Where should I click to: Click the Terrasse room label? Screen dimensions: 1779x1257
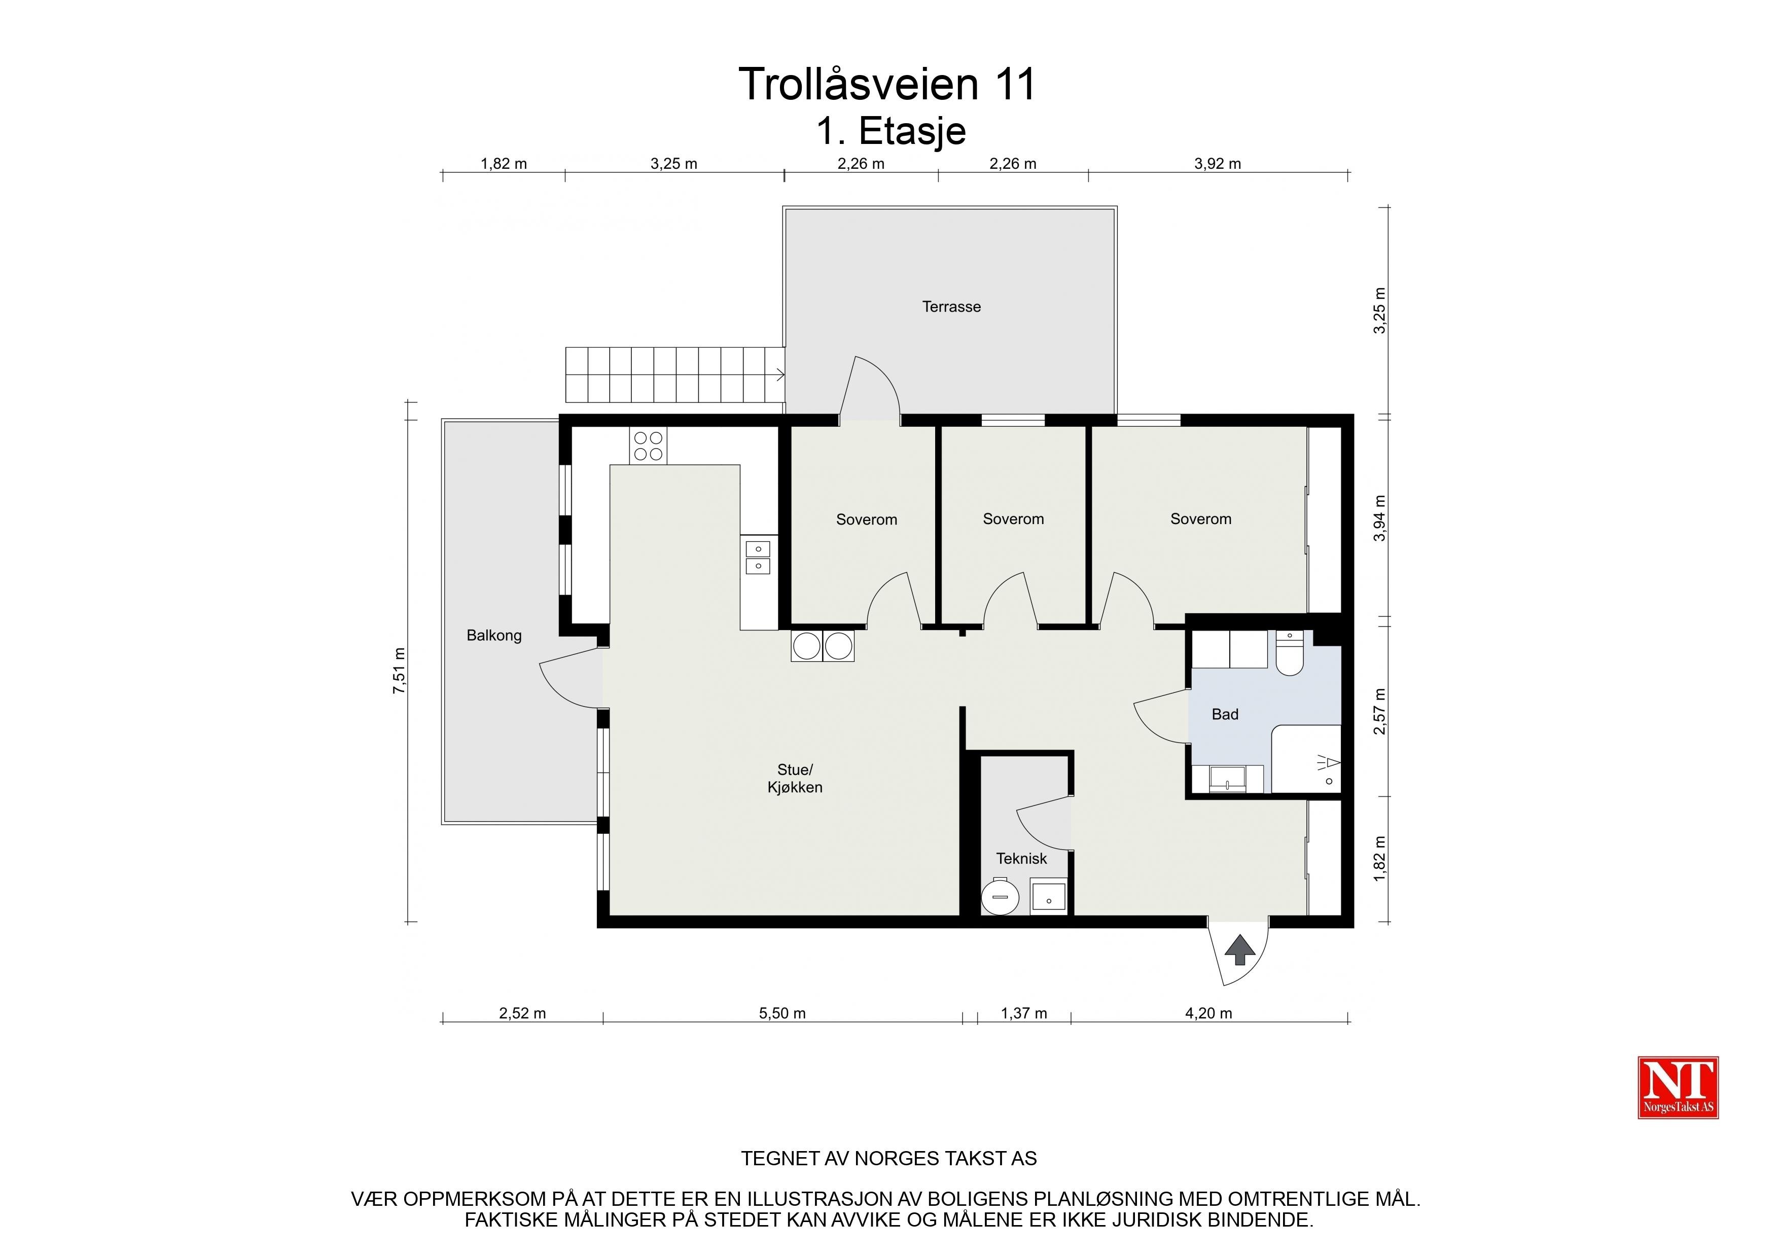(951, 307)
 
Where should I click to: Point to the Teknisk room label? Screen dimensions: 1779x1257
(1021, 858)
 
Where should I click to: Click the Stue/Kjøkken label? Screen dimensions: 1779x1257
(795, 779)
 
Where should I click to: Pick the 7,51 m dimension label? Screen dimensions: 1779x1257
(399, 670)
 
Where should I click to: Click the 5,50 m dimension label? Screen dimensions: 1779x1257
(782, 1013)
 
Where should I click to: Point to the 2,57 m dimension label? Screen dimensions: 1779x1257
(1379, 711)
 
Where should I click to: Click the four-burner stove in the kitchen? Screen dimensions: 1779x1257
(648, 446)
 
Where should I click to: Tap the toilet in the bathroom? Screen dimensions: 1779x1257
(1289, 653)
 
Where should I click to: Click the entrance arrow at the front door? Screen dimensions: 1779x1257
(1240, 949)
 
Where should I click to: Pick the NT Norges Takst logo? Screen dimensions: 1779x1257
(1678, 1087)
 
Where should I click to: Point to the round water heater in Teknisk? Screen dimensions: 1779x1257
(1000, 897)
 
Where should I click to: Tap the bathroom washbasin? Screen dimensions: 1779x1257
(1227, 779)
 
